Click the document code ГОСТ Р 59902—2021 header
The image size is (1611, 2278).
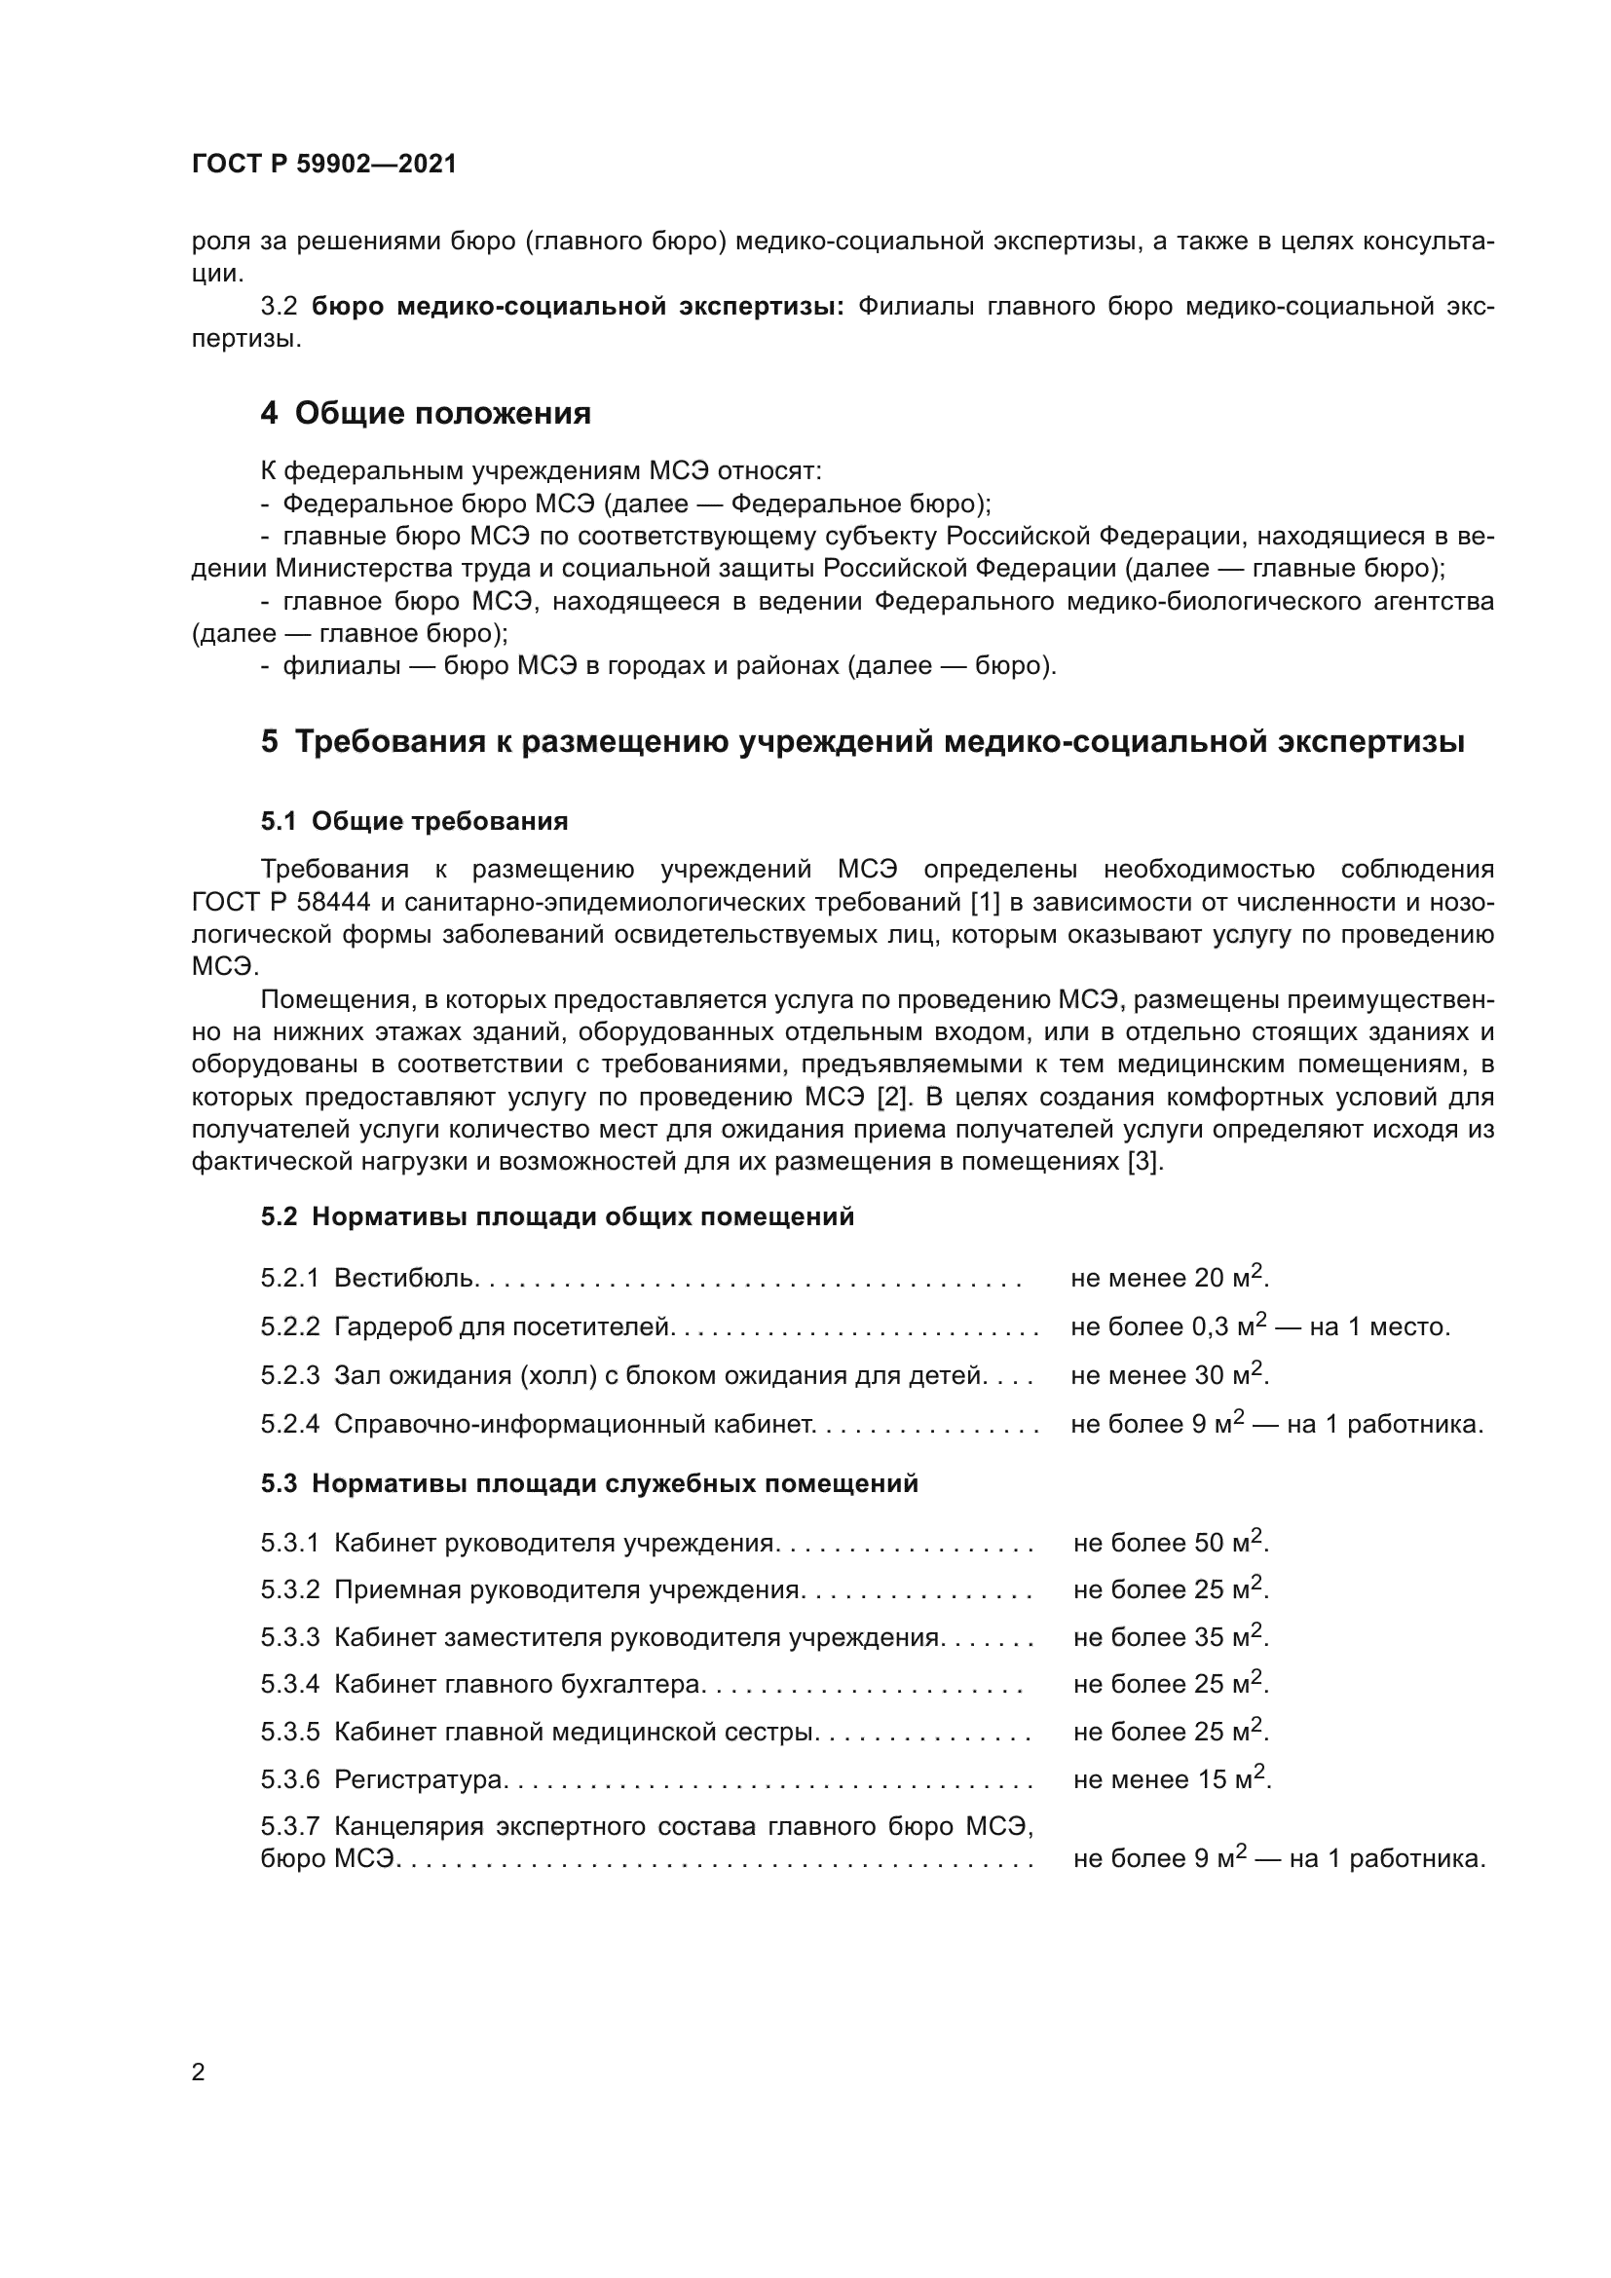pyautogui.click(x=324, y=165)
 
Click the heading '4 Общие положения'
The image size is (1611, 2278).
pyautogui.click(x=426, y=413)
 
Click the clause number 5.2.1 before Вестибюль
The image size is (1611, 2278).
pyautogui.click(x=289, y=1278)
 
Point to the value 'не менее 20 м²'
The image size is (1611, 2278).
pyautogui.click(x=1170, y=1277)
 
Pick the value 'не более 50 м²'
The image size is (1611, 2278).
pyautogui.click(x=1171, y=1543)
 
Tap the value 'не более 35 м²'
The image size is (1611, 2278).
pyautogui.click(x=1171, y=1637)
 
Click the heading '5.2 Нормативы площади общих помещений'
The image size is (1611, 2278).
pyautogui.click(x=557, y=1216)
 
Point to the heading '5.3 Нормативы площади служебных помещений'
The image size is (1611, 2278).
pyautogui.click(x=589, y=1483)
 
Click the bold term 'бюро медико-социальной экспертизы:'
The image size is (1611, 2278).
pyautogui.click(x=578, y=307)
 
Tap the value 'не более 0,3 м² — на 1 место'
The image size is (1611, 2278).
pyautogui.click(x=1259, y=1326)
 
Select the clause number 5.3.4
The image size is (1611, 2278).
pyautogui.click(x=289, y=1684)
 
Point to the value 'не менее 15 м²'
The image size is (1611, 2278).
pyautogui.click(x=1172, y=1779)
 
